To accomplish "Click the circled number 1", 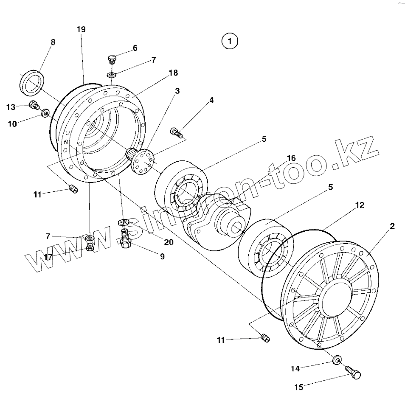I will [230, 41].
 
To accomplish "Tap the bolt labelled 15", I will [353, 373].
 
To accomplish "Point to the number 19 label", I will [81, 29].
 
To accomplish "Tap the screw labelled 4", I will [177, 133].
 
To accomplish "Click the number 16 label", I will [291, 158].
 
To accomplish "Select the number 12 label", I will [360, 205].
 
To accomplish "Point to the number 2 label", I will [392, 226].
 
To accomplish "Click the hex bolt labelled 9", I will [126, 240].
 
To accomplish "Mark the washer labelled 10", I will [45, 114].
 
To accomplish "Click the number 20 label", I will [169, 242].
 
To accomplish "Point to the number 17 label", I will [48, 257].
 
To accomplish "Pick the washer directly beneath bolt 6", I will [112, 75].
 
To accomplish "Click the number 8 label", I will [53, 42].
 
